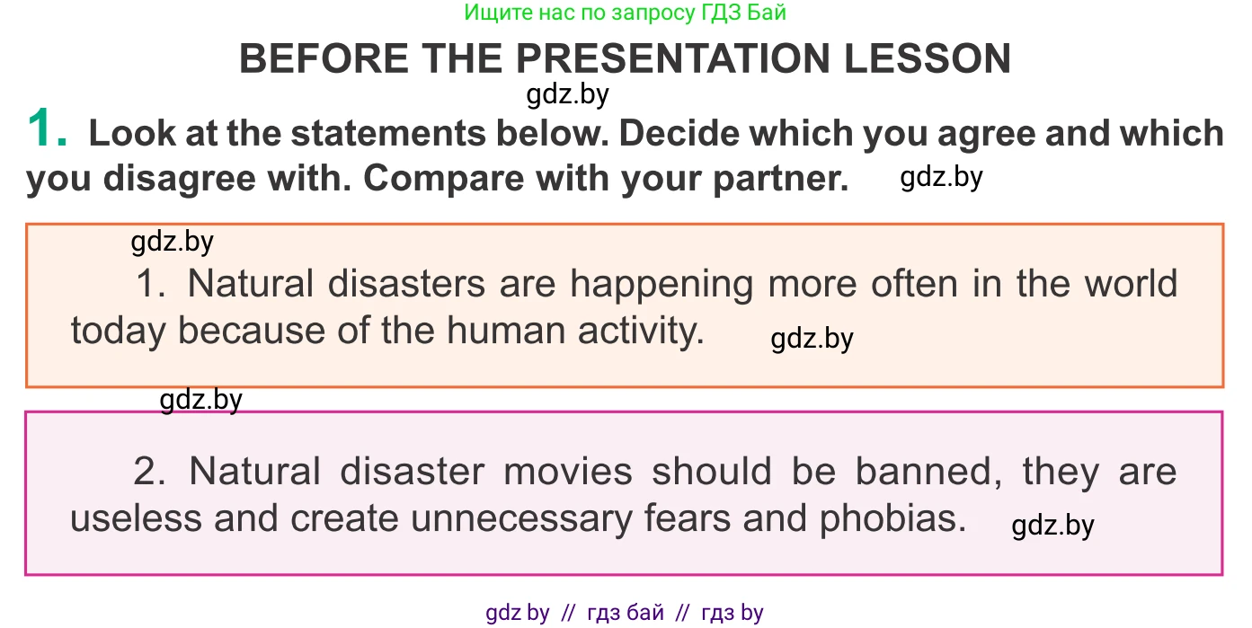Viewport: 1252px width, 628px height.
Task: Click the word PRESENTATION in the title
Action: (672, 58)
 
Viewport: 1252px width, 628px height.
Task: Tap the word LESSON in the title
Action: (928, 58)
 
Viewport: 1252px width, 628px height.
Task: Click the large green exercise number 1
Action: (47, 128)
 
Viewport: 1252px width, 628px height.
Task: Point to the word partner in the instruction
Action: (780, 179)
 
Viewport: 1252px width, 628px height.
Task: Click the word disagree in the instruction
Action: (180, 180)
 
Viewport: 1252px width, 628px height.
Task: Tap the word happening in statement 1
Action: (662, 285)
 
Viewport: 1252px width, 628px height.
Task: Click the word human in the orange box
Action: (506, 331)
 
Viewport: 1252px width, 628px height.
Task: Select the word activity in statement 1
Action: (641, 332)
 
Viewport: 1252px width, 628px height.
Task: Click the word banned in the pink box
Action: (929, 473)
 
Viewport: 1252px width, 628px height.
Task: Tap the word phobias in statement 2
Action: (892, 518)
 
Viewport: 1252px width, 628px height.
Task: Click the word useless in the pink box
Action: (136, 518)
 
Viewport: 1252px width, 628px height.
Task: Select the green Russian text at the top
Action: (625, 13)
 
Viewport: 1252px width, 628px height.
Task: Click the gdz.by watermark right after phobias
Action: (1052, 526)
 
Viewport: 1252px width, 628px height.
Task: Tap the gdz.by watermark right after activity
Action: (812, 339)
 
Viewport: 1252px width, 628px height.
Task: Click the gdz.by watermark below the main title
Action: (567, 95)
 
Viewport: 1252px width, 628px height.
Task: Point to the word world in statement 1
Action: (1131, 284)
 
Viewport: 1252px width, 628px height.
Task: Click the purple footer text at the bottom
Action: (625, 613)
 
